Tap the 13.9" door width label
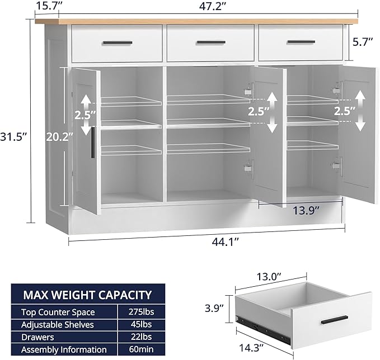click(306, 211)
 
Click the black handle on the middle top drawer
click(211, 42)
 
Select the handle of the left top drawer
click(118, 42)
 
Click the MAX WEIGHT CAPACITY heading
click(87, 295)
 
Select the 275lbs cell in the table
click(134, 312)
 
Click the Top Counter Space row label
click(58, 312)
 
